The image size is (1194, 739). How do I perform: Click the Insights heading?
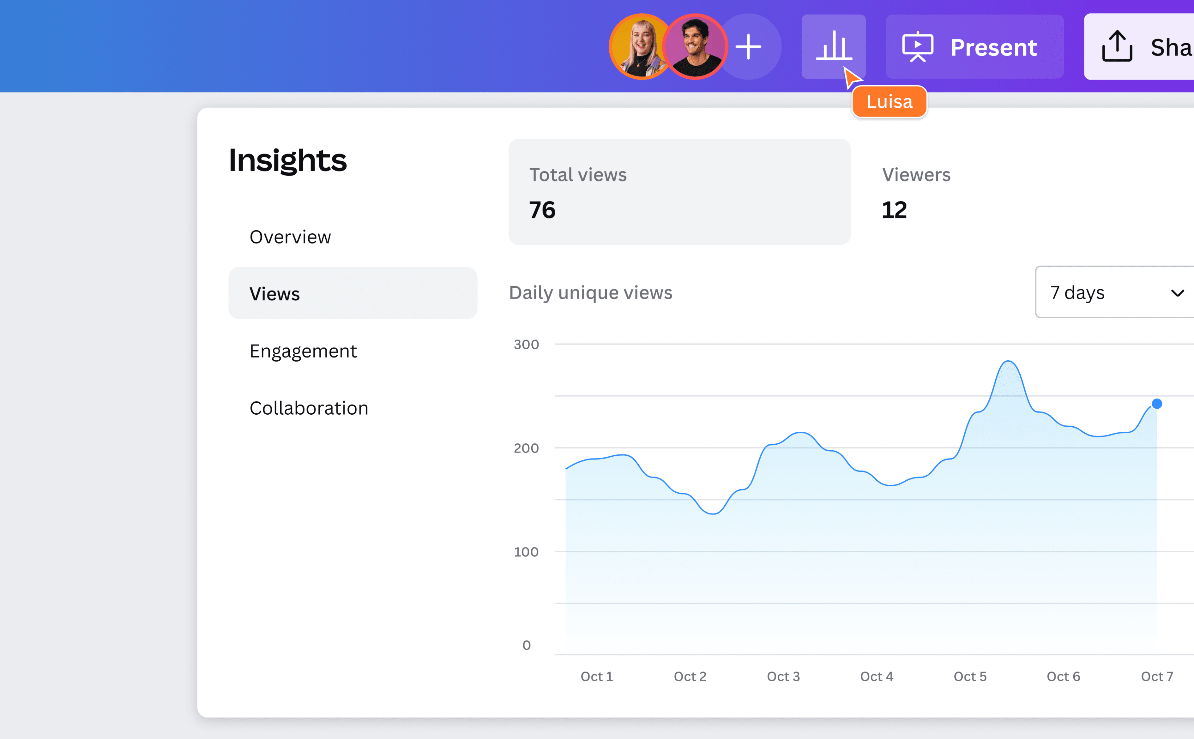tap(288, 160)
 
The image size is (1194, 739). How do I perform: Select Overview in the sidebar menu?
tap(290, 237)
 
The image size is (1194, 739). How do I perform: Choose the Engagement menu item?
tap(303, 351)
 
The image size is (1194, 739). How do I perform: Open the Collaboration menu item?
tap(309, 408)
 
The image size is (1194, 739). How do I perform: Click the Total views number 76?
tap(542, 210)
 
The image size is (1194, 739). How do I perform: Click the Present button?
tap(974, 47)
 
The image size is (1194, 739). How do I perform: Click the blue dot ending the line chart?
tap(1157, 404)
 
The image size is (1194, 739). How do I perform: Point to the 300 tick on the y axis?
tap(526, 345)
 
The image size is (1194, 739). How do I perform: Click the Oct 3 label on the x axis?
tap(783, 676)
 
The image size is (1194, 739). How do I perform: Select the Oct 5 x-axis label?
tap(970, 676)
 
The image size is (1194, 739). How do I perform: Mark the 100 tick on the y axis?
tap(526, 552)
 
